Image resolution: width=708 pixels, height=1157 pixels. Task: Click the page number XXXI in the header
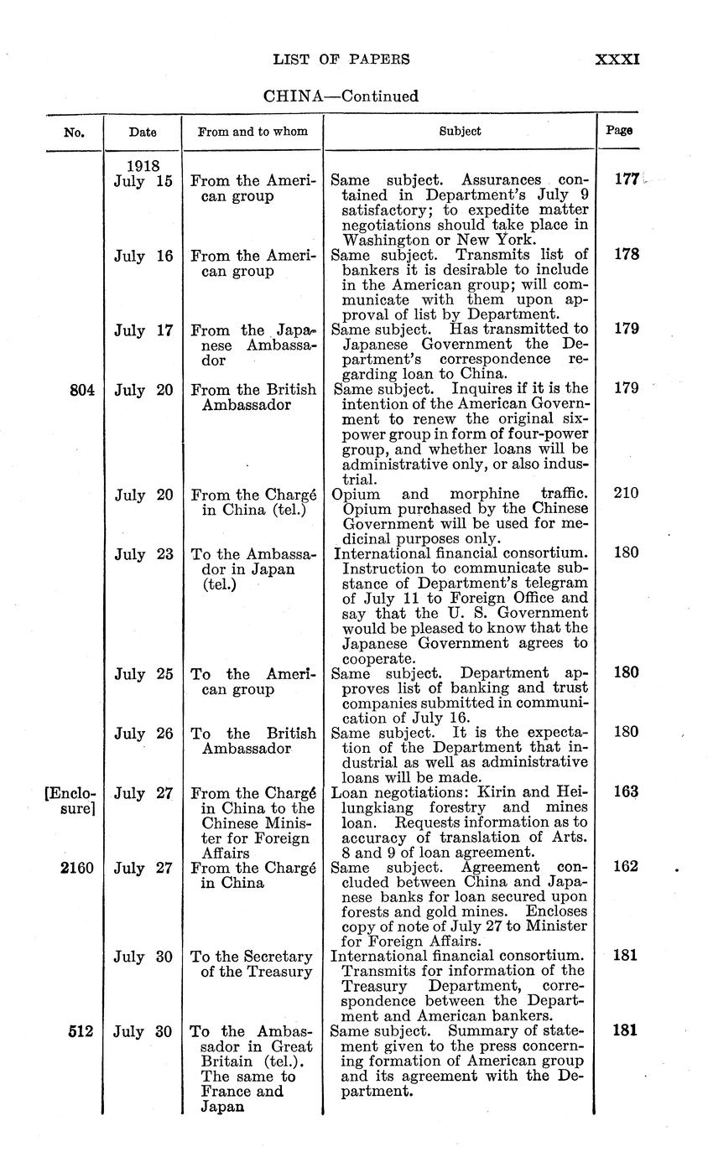pyautogui.click(x=617, y=60)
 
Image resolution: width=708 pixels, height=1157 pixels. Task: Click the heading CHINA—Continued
pyautogui.click(x=341, y=96)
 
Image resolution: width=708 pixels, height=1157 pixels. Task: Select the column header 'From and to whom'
pyautogui.click(x=252, y=131)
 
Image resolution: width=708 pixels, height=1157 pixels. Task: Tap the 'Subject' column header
pyautogui.click(x=461, y=131)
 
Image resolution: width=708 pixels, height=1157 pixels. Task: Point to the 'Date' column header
pyautogui.click(x=142, y=132)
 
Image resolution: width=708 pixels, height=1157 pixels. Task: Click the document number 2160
pyautogui.click(x=77, y=867)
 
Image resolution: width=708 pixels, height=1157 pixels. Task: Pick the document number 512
pyautogui.click(x=81, y=1031)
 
